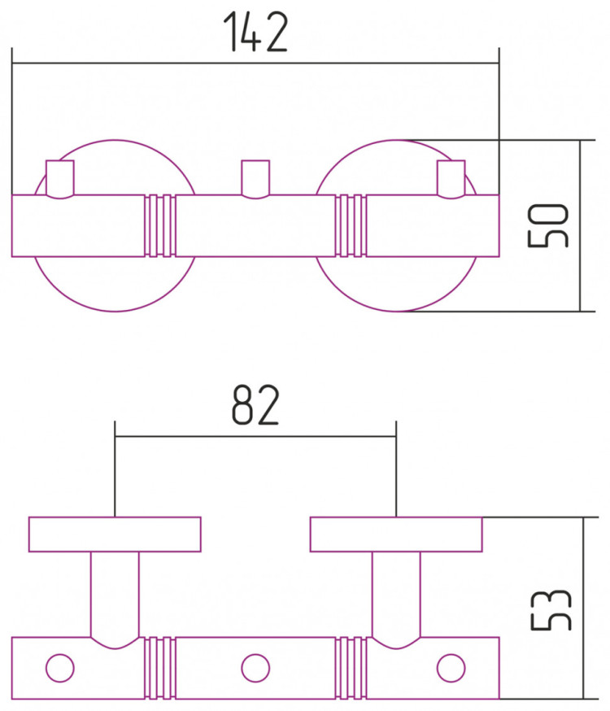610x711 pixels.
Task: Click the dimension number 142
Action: coord(256,32)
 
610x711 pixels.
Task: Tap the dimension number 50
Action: coord(548,225)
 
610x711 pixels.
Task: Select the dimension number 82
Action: coord(255,405)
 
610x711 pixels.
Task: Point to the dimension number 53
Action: coord(551,610)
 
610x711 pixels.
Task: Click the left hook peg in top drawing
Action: coord(60,179)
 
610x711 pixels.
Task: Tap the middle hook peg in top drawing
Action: coord(255,179)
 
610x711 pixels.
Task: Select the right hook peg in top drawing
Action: coord(451,179)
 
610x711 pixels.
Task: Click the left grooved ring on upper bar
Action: coord(160,226)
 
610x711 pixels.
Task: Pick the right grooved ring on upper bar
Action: coord(351,226)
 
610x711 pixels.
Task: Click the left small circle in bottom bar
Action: coord(60,668)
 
